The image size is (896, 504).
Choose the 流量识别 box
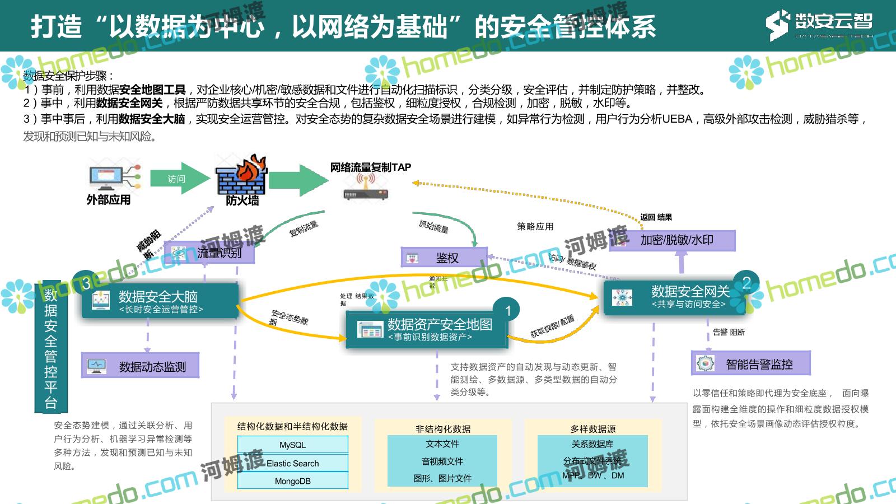tap(209, 253)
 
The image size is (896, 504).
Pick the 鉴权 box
tap(444, 258)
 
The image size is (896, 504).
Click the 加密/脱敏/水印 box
tap(671, 240)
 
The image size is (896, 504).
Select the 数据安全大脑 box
tap(160, 301)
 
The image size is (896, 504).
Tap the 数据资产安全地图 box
tap(427, 330)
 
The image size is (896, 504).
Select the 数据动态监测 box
tap(141, 366)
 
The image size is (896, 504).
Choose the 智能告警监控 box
tap(750, 364)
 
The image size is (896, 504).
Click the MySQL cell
tap(292, 445)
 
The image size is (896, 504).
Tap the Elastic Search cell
tap(292, 463)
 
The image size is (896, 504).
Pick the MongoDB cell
tap(292, 480)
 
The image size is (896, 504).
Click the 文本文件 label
tap(442, 444)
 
